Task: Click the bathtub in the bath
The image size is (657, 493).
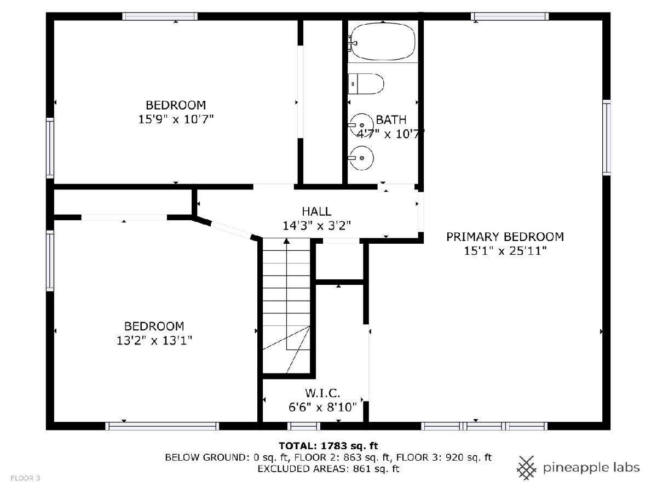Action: coord(382,41)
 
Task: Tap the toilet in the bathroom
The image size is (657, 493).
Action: coord(366,84)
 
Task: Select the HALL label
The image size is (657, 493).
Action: coord(316,211)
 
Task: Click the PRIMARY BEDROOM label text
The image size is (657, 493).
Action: coord(505,237)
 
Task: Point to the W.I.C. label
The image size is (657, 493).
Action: coord(322,393)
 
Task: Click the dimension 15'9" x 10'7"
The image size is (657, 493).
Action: coord(176,119)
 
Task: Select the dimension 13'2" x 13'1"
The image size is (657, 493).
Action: coord(154,340)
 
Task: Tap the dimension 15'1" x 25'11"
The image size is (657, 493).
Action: coord(505,250)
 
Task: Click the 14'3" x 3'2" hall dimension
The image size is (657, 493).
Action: coord(316,225)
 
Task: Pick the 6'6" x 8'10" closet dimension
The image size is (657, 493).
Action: coord(322,407)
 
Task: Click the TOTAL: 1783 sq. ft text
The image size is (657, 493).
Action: coord(328,446)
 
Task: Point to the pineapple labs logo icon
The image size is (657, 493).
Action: coord(527,468)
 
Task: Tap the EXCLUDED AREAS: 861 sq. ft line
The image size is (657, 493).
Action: coord(328,468)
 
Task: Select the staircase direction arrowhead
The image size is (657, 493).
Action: coord(286,241)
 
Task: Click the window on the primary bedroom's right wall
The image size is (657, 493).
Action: coord(607,137)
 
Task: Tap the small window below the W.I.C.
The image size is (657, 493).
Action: coord(304,426)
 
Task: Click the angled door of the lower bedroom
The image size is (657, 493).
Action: coord(231,230)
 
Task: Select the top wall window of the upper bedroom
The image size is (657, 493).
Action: coord(160,16)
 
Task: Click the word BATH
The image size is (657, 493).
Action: coord(391,120)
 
